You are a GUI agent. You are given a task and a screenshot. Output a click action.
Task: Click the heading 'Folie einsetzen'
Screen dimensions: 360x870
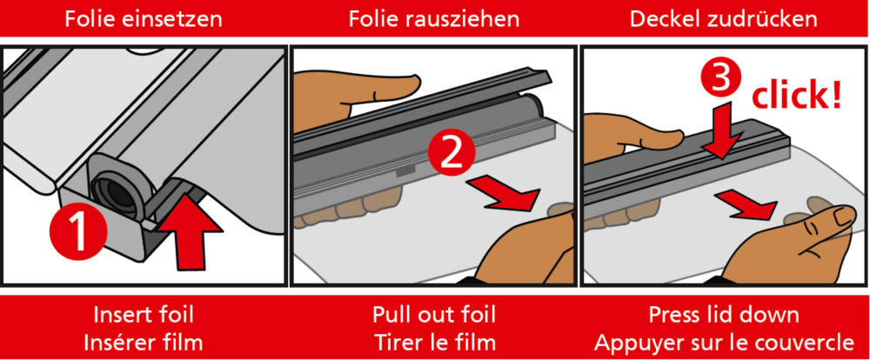(x=144, y=17)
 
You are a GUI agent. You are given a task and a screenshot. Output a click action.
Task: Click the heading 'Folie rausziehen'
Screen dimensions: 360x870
(x=434, y=17)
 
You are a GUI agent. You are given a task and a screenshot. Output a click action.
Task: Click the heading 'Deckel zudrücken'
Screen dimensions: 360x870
(x=724, y=17)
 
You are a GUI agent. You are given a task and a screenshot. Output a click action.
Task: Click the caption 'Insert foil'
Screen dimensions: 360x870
(x=144, y=314)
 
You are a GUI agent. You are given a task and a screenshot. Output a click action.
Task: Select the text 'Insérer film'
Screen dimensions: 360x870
(x=144, y=340)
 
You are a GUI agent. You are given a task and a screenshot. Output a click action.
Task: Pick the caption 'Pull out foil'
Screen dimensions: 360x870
(x=434, y=314)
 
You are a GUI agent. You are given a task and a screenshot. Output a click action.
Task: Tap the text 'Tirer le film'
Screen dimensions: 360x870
(x=434, y=340)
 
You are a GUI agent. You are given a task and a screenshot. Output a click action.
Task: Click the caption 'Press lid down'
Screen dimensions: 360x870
(x=724, y=314)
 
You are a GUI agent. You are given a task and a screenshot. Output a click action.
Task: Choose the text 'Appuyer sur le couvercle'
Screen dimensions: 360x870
(x=724, y=340)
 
